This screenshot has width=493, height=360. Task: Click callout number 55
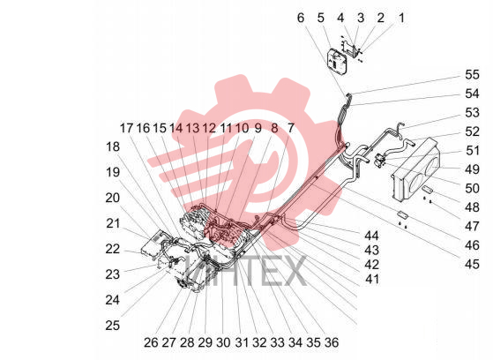pyautogui.click(x=472, y=75)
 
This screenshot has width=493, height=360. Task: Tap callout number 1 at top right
pyautogui.click(x=401, y=18)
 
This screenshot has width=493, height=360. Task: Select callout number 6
pyautogui.click(x=301, y=18)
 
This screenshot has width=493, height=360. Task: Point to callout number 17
pyautogui.click(x=127, y=128)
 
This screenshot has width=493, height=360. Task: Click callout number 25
pyautogui.click(x=113, y=325)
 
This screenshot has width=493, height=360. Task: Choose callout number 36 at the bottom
pyautogui.click(x=332, y=342)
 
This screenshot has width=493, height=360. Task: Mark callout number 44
pyautogui.click(x=371, y=236)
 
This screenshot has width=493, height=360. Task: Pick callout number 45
pyautogui.click(x=472, y=264)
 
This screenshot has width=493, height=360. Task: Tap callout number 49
pyautogui.click(x=472, y=169)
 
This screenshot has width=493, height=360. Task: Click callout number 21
pyautogui.click(x=113, y=223)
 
